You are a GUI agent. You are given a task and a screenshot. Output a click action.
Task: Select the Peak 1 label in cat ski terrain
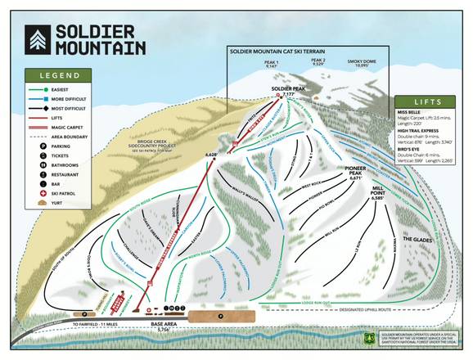point(272,62)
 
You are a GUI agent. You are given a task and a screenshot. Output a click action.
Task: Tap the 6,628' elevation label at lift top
point(209,154)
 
